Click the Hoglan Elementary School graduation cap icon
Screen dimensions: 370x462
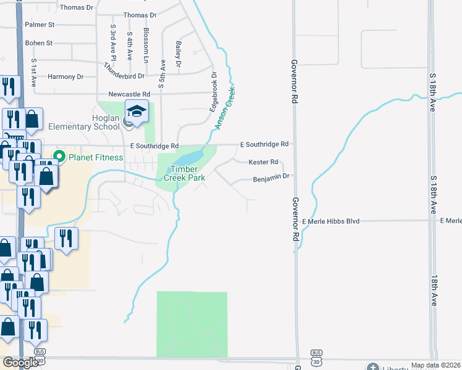tap(136, 112)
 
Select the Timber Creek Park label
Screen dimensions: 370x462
tap(183, 173)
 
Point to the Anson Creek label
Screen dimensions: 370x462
tap(225, 107)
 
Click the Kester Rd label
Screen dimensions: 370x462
tap(264, 162)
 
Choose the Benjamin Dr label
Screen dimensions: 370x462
tap(271, 178)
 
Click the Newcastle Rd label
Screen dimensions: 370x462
tap(129, 94)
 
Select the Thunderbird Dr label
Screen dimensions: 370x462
tap(124, 72)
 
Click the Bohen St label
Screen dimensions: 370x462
tap(39, 43)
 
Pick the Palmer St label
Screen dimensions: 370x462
tap(40, 25)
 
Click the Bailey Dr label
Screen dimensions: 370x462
tap(178, 54)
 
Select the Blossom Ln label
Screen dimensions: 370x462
tap(146, 45)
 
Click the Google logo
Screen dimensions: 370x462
tap(20, 363)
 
